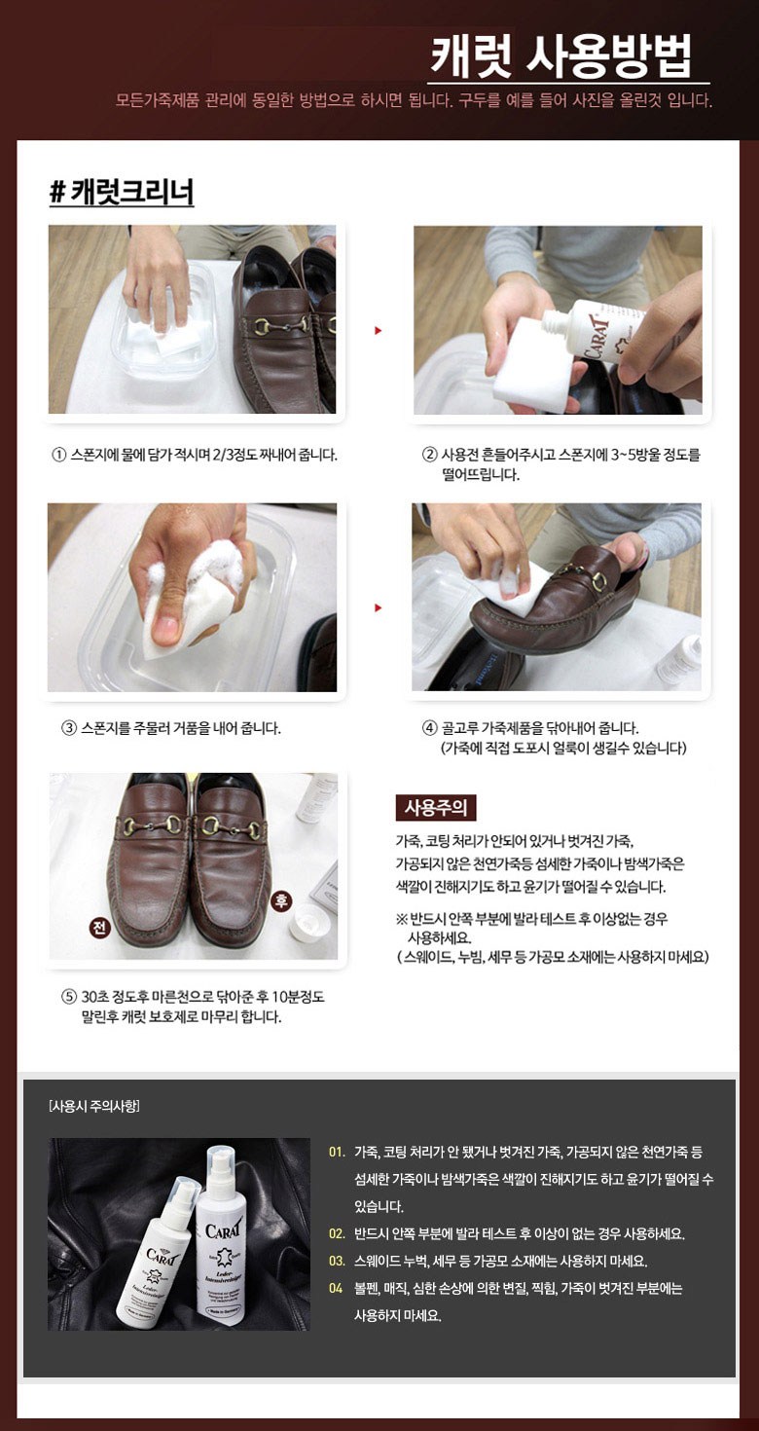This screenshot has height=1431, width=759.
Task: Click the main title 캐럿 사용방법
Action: point(560,56)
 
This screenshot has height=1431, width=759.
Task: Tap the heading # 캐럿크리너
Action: point(122,192)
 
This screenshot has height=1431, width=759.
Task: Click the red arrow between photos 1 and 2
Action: point(378,330)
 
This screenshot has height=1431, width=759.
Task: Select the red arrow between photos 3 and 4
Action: point(378,607)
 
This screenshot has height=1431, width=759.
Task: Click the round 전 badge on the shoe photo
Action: point(99,927)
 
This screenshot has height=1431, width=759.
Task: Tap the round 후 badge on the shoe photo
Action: point(281,900)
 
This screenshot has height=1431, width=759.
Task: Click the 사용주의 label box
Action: point(436,808)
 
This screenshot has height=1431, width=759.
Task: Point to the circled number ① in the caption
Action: point(58,455)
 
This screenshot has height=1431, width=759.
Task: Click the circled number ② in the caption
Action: point(429,455)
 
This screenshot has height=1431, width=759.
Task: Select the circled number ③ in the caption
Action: point(69,727)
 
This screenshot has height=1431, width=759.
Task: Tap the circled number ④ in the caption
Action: point(429,727)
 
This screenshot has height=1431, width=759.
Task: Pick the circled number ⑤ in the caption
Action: point(69,997)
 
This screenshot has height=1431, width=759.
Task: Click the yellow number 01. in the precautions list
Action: point(337,1153)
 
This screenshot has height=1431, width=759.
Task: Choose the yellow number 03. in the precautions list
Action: point(337,1261)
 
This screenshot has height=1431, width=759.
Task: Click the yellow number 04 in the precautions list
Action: point(336,1289)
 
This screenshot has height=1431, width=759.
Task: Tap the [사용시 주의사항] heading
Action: point(94,1106)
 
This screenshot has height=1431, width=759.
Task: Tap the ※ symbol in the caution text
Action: point(402,919)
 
